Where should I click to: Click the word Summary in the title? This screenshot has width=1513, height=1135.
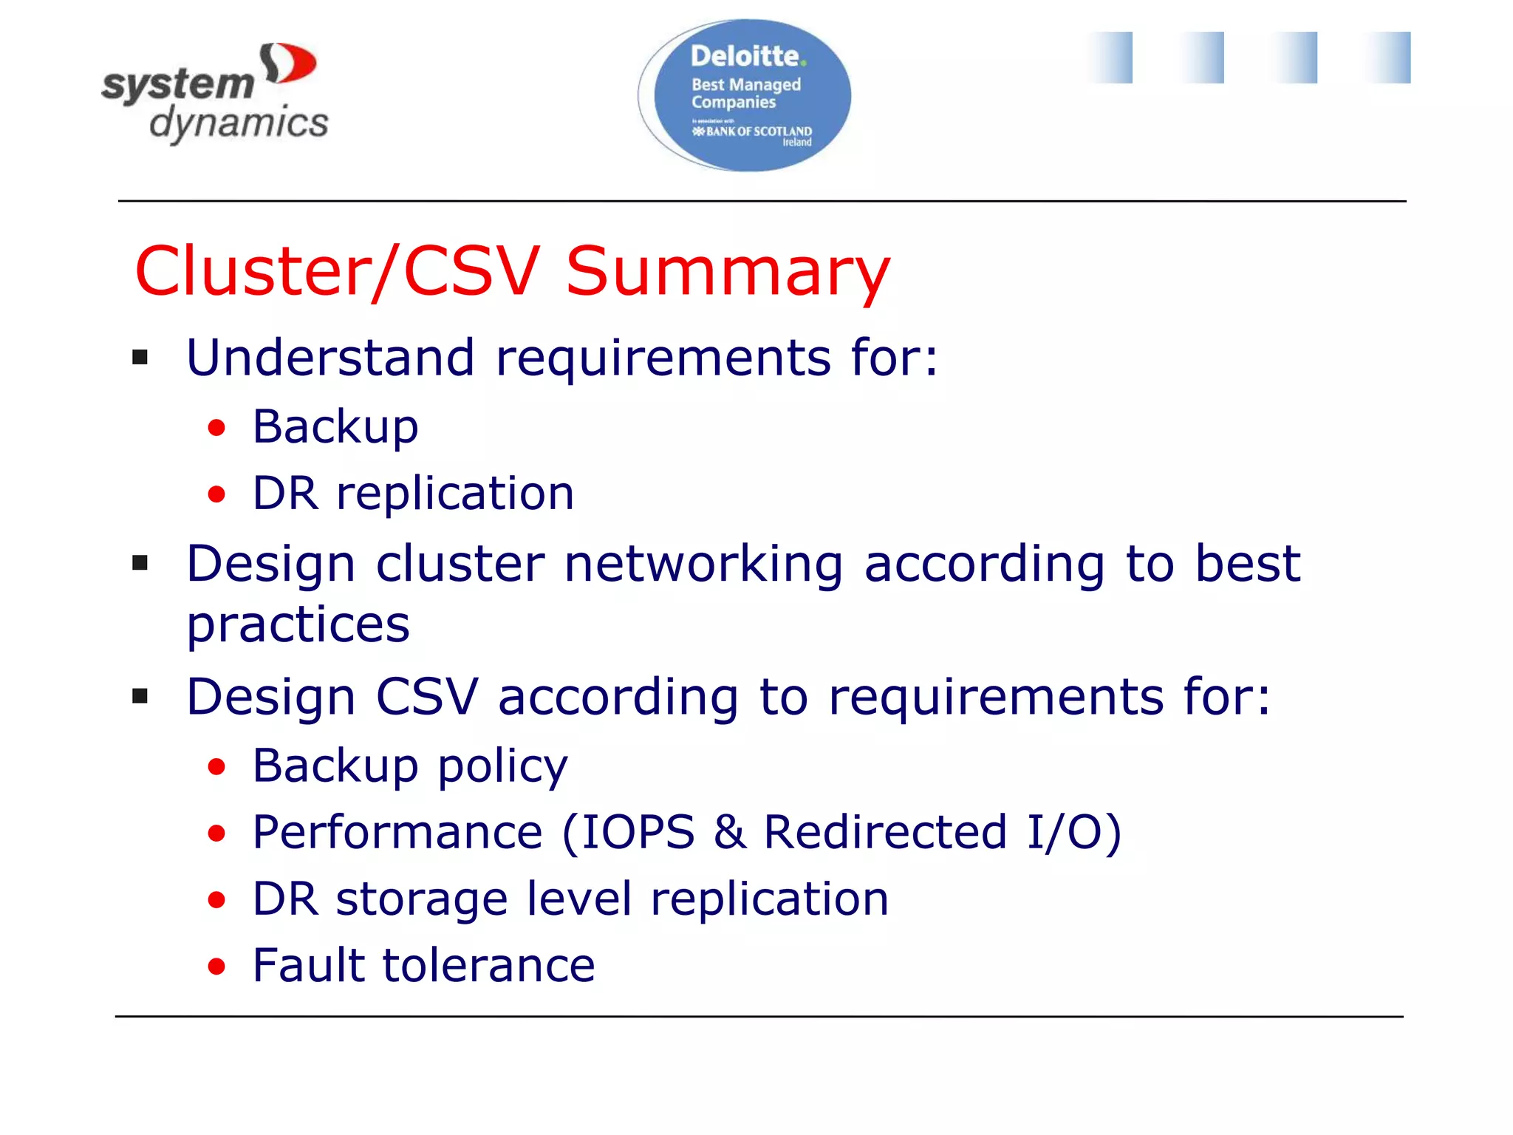click(728, 272)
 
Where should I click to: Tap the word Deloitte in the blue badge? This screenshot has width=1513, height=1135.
click(745, 56)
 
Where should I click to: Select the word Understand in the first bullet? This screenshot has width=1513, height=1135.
click(329, 358)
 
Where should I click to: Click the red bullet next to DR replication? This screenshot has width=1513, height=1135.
click(216, 494)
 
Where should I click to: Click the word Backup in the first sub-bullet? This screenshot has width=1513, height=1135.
click(335, 427)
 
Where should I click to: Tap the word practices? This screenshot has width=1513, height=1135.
click(298, 625)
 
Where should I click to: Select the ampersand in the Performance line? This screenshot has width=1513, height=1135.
click(729, 832)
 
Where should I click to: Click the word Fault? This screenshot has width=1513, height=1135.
click(307, 965)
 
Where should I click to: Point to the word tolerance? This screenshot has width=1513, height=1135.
click(488, 965)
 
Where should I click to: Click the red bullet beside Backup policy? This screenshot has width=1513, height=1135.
click(216, 767)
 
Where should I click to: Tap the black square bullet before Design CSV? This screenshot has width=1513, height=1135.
click(140, 696)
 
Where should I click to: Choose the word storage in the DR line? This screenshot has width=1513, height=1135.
click(421, 899)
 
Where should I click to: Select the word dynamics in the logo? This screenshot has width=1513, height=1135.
click(239, 123)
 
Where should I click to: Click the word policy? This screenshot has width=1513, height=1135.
click(502, 766)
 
